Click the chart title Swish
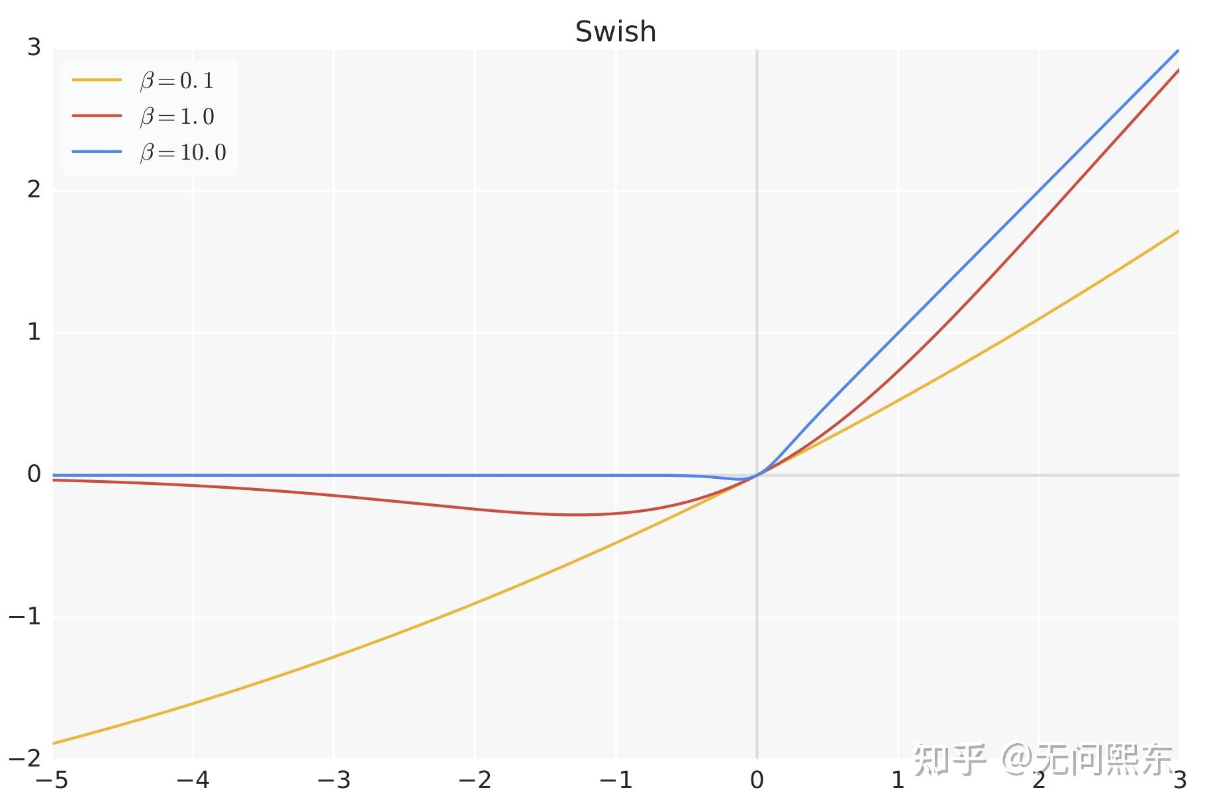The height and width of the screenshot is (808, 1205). [x=615, y=31]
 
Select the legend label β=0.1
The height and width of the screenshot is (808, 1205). [x=177, y=81]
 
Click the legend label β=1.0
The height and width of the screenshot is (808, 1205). [x=177, y=117]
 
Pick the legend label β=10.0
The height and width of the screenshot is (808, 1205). [x=183, y=152]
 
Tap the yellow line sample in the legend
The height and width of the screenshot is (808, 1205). [x=97, y=80]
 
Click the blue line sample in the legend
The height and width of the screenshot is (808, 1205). [x=97, y=152]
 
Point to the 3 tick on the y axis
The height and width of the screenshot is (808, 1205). [x=34, y=47]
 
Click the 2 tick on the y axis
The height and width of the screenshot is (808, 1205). [x=34, y=189]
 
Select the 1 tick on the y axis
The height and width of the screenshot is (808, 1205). [x=34, y=332]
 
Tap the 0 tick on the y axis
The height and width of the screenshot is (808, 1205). [x=34, y=474]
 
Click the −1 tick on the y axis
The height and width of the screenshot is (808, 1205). [x=25, y=617]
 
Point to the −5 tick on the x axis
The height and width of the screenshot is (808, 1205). [x=52, y=780]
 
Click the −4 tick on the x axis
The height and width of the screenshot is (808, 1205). [x=193, y=780]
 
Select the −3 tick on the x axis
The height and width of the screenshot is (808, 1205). [x=334, y=780]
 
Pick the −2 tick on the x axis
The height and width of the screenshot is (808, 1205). [x=475, y=780]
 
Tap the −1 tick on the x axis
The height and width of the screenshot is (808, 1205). [x=616, y=780]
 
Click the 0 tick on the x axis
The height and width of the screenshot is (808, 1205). [x=757, y=780]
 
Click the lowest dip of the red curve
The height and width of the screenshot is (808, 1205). [x=577, y=515]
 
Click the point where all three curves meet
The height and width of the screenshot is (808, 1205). [x=757, y=475]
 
